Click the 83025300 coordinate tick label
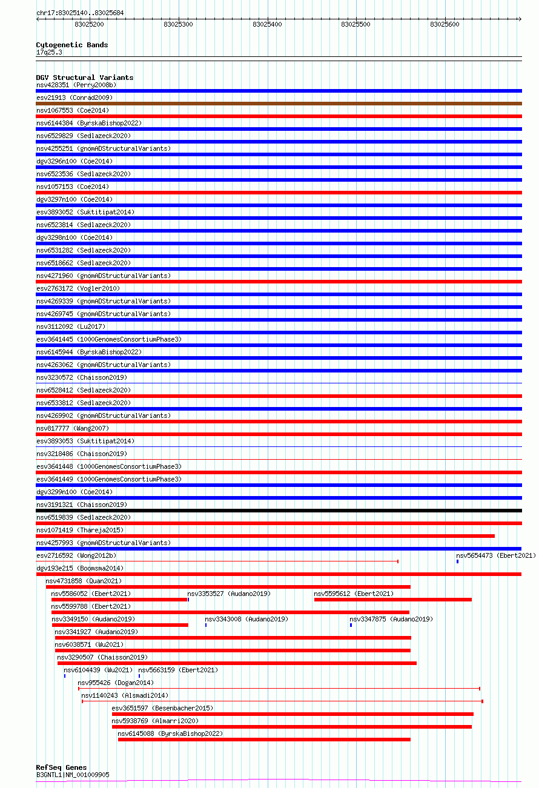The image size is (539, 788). tap(178, 25)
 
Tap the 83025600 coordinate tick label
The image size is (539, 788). tap(445, 25)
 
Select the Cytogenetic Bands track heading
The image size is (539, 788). tap(72, 45)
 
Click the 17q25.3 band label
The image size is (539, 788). tap(49, 52)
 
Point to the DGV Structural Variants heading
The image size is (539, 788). tap(85, 78)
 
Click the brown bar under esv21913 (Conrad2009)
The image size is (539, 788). tap(279, 104)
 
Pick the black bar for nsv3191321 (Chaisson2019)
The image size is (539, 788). tap(279, 511)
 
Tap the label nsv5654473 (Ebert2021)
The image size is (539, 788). tap(495, 555)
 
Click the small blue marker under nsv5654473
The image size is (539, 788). tap(457, 561)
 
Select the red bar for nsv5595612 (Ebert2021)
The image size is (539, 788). tap(392, 600)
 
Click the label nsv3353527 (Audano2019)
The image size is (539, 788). tap(229, 594)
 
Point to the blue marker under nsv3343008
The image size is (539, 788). tap(206, 625)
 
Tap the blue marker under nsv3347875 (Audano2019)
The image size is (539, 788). tap(351, 625)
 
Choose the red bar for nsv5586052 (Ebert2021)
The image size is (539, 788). tap(120, 600)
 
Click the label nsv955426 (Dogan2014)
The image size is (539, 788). tap(116, 683)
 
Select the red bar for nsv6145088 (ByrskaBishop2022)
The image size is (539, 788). tap(264, 740)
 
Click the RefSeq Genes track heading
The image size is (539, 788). tap(61, 767)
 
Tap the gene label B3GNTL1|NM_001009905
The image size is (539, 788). tap(73, 775)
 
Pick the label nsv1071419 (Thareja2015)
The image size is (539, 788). tap(79, 530)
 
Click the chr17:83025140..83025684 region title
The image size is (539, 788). tap(79, 13)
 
